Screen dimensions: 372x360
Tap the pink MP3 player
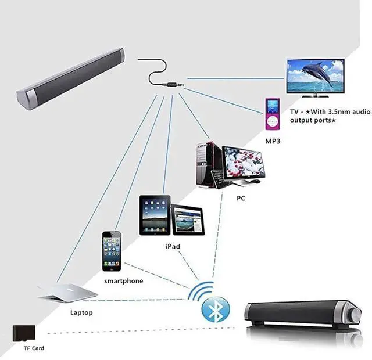pyautogui.click(x=272, y=114)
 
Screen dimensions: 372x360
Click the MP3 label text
pyautogui.click(x=273, y=141)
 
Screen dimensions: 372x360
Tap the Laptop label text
pyautogui.click(x=81, y=312)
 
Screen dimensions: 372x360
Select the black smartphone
pyautogui.click(x=112, y=251)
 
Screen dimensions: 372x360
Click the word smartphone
pyautogui.click(x=123, y=281)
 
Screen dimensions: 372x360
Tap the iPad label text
pyautogui.click(x=173, y=246)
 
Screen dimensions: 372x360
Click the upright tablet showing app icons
pyautogui.click(x=155, y=215)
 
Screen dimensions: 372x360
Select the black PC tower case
pyautogui.click(x=208, y=164)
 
